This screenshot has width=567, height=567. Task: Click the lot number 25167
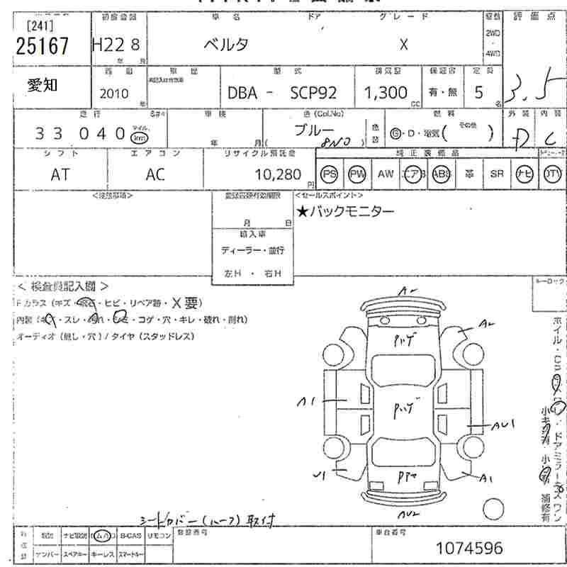(x=43, y=46)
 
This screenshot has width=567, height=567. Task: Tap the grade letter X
(x=403, y=44)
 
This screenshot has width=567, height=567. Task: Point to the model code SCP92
(x=314, y=93)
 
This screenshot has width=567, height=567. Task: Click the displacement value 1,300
(x=386, y=93)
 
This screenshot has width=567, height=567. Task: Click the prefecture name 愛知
(x=43, y=86)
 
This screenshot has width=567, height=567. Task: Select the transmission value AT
(x=60, y=174)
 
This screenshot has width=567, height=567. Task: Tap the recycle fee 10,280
(x=279, y=174)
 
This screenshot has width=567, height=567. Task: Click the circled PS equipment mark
(x=329, y=174)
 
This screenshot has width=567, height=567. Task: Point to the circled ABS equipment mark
(x=441, y=174)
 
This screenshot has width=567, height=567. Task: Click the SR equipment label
(x=496, y=174)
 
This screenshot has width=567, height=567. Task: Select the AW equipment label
(x=385, y=174)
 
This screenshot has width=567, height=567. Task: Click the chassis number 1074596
(x=470, y=548)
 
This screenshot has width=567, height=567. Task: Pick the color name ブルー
(x=314, y=130)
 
